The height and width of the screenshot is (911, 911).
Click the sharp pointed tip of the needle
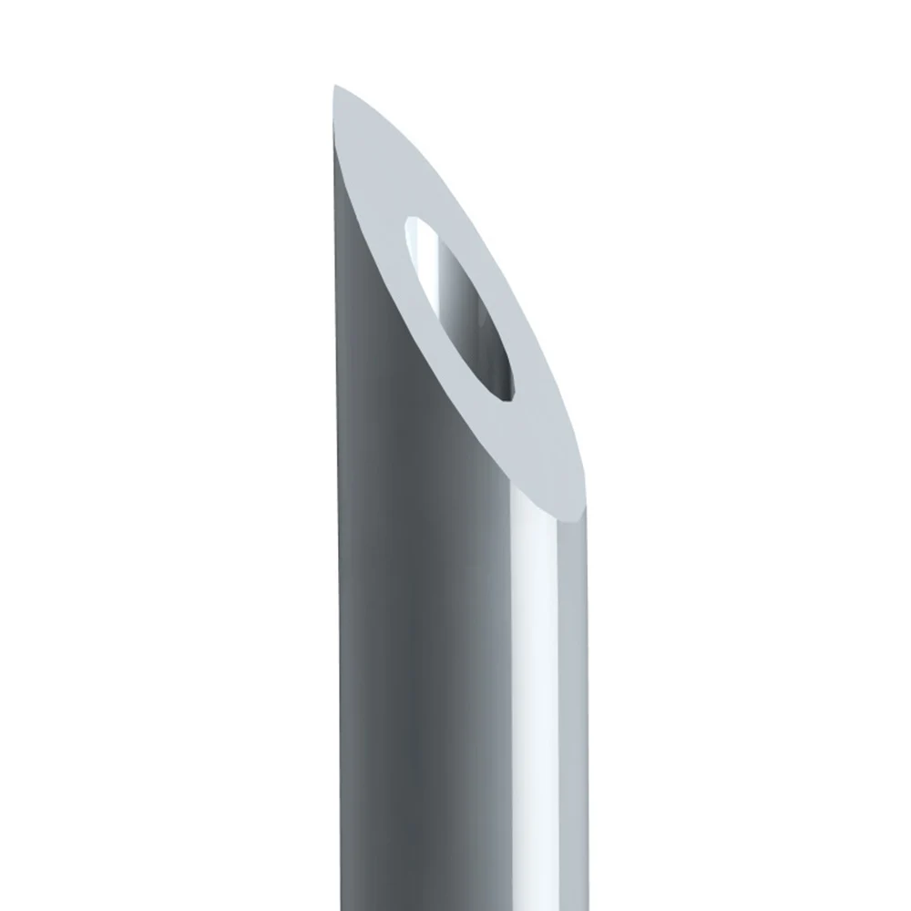pyautogui.click(x=336, y=87)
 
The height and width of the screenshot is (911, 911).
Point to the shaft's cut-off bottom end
pyautogui.click(x=455, y=906)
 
